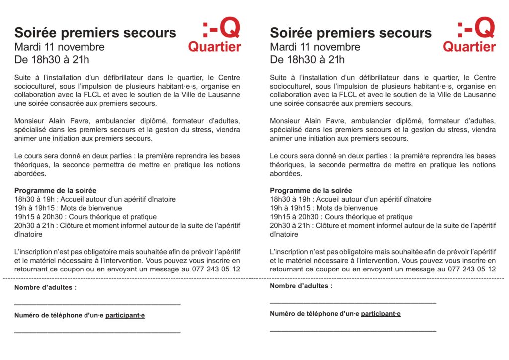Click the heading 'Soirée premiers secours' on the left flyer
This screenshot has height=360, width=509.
[95, 33]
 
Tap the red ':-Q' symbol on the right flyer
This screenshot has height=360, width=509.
[476, 29]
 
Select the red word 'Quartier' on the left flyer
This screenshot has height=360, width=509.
[214, 47]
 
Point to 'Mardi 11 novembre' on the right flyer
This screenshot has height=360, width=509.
[315, 47]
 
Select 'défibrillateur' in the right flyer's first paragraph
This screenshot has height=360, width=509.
[365, 78]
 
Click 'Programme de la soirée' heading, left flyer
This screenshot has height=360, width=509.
[55, 190]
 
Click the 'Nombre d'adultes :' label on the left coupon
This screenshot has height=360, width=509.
[45, 287]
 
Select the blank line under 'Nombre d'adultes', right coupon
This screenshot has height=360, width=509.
[353, 302]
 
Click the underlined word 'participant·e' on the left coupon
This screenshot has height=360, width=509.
[125, 315]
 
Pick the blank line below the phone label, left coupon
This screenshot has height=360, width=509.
[97, 331]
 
